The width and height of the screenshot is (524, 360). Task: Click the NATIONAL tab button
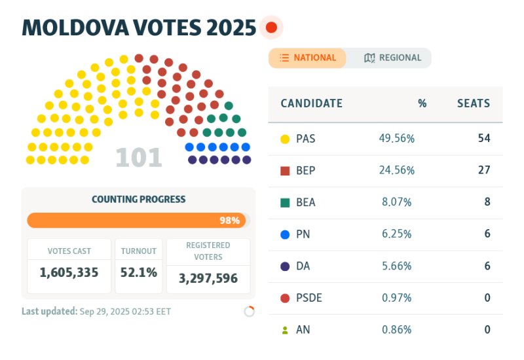click(x=307, y=58)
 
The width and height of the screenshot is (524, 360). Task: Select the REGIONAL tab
click(x=392, y=58)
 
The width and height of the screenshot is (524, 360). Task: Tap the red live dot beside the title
click(x=271, y=28)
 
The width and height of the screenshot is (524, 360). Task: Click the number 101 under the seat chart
click(x=138, y=158)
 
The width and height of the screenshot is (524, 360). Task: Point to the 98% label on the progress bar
click(x=229, y=221)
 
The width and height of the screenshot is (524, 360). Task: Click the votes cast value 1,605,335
click(x=69, y=272)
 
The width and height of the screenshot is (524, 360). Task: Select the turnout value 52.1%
click(x=139, y=272)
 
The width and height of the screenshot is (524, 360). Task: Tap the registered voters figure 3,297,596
click(x=208, y=278)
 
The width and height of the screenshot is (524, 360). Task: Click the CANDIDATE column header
click(x=311, y=103)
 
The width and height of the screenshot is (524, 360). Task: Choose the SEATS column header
click(x=473, y=103)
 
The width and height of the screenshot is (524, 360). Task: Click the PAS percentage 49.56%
click(x=396, y=139)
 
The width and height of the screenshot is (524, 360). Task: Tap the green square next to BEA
click(x=285, y=203)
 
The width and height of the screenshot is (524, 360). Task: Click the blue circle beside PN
click(x=285, y=234)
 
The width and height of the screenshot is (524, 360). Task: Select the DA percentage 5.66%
click(x=396, y=266)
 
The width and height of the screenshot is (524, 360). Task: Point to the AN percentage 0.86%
click(x=396, y=330)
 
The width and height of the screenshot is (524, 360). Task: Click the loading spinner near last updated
click(x=249, y=312)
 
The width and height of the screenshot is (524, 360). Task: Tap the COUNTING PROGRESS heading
click(x=139, y=199)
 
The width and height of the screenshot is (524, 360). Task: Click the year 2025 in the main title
click(x=223, y=28)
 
